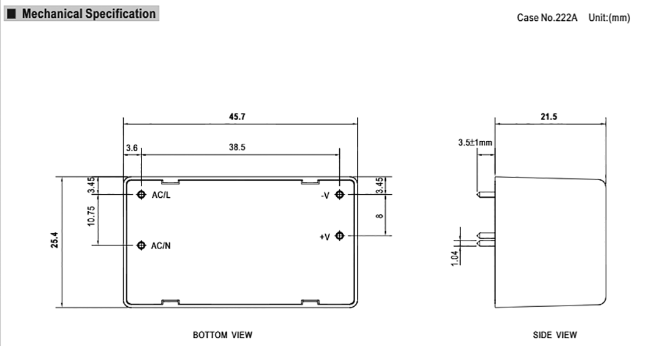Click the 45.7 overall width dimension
click(240, 116)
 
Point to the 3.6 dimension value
click(132, 148)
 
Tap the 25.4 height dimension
click(55, 242)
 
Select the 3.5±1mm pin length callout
click(475, 143)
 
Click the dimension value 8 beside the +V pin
click(380, 215)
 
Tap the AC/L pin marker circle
click(141, 195)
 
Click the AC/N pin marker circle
click(141, 245)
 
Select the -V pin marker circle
click(340, 195)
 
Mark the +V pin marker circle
click(340, 236)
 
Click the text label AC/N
click(160, 246)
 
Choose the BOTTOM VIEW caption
click(222, 335)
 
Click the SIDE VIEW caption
click(554, 335)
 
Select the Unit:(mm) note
click(609, 17)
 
